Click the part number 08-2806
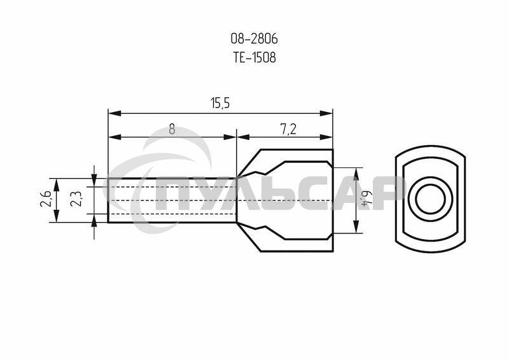coord(254,39)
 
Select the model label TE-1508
coord(254,57)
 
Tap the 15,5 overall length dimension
coord(220,104)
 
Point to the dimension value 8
coord(172,130)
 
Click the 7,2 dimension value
coord(288,130)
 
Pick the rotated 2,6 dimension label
coord(45,198)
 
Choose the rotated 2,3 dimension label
coord(76,198)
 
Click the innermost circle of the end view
coord(430,199)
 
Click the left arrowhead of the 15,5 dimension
coord(115,113)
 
